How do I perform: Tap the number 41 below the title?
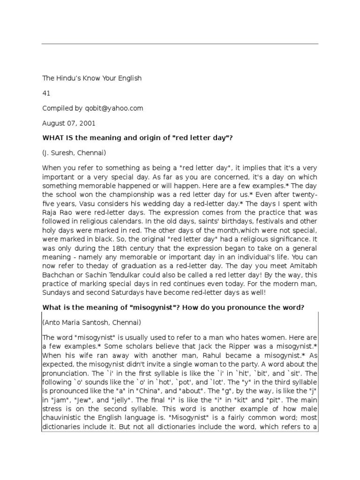pos(46,93)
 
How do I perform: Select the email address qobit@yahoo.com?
pos(114,108)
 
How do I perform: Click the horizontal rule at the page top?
pos(180,44)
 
